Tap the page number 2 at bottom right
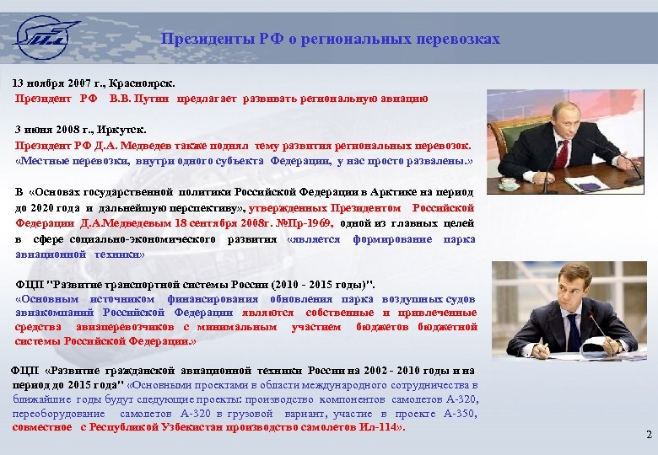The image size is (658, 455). [x=648, y=435]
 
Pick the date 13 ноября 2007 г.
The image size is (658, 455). [x=53, y=84]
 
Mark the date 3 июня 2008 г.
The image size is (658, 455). [x=50, y=131]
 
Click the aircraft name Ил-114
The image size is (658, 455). [x=384, y=427]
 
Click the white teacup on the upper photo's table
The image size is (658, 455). [x=508, y=182]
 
